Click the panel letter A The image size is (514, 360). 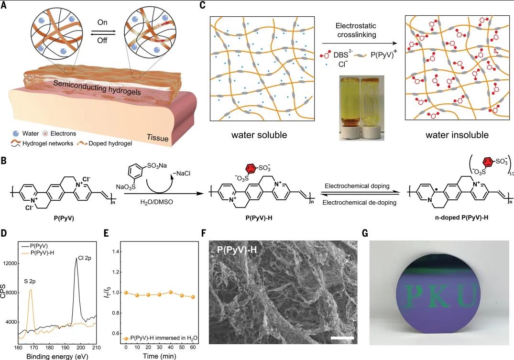(x=3, y=6)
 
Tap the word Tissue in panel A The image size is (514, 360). (x=157, y=138)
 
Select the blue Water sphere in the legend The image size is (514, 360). (x=16, y=133)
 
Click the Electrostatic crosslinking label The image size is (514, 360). (x=356, y=30)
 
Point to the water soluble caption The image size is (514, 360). (x=259, y=135)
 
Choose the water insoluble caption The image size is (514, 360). (x=457, y=135)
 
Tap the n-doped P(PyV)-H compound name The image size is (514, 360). (x=461, y=217)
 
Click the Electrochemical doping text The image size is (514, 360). (x=357, y=186)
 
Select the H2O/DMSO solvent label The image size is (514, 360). (x=156, y=202)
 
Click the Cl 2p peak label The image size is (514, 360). (x=85, y=258)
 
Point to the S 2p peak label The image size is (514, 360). (x=30, y=281)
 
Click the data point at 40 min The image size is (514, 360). (x=171, y=292)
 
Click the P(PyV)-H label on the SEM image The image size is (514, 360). (x=237, y=250)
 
